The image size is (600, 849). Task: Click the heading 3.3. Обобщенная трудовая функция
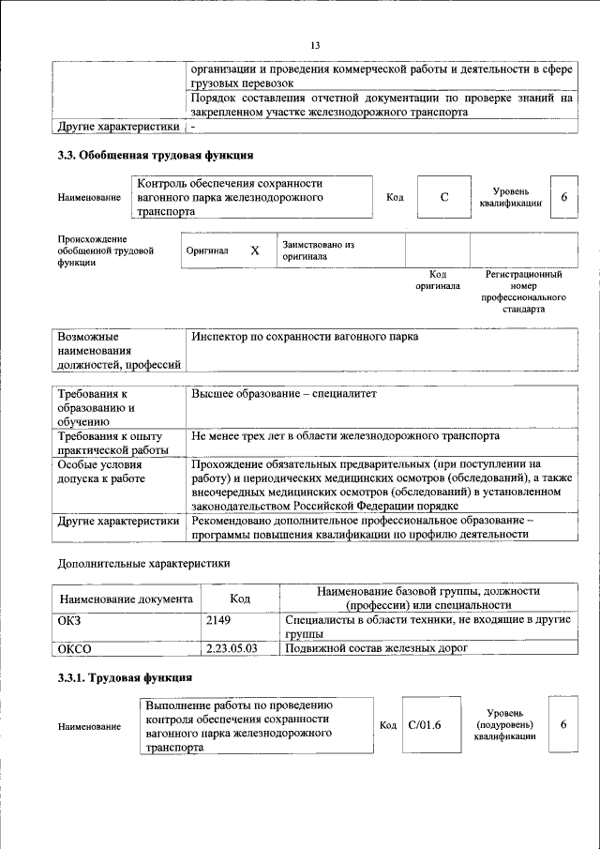[155, 155]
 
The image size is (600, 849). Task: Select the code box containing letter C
[444, 197]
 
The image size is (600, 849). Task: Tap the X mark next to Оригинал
[254, 251]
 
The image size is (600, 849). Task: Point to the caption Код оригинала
[438, 280]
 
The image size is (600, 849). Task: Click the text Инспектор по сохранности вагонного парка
[305, 336]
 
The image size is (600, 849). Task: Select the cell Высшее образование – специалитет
[283, 394]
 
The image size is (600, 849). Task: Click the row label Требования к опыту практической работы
[111, 443]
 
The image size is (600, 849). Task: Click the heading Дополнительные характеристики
[143, 564]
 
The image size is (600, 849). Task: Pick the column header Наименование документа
[127, 599]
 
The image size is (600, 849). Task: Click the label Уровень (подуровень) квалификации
[504, 725]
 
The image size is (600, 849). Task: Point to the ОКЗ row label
[71, 620]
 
